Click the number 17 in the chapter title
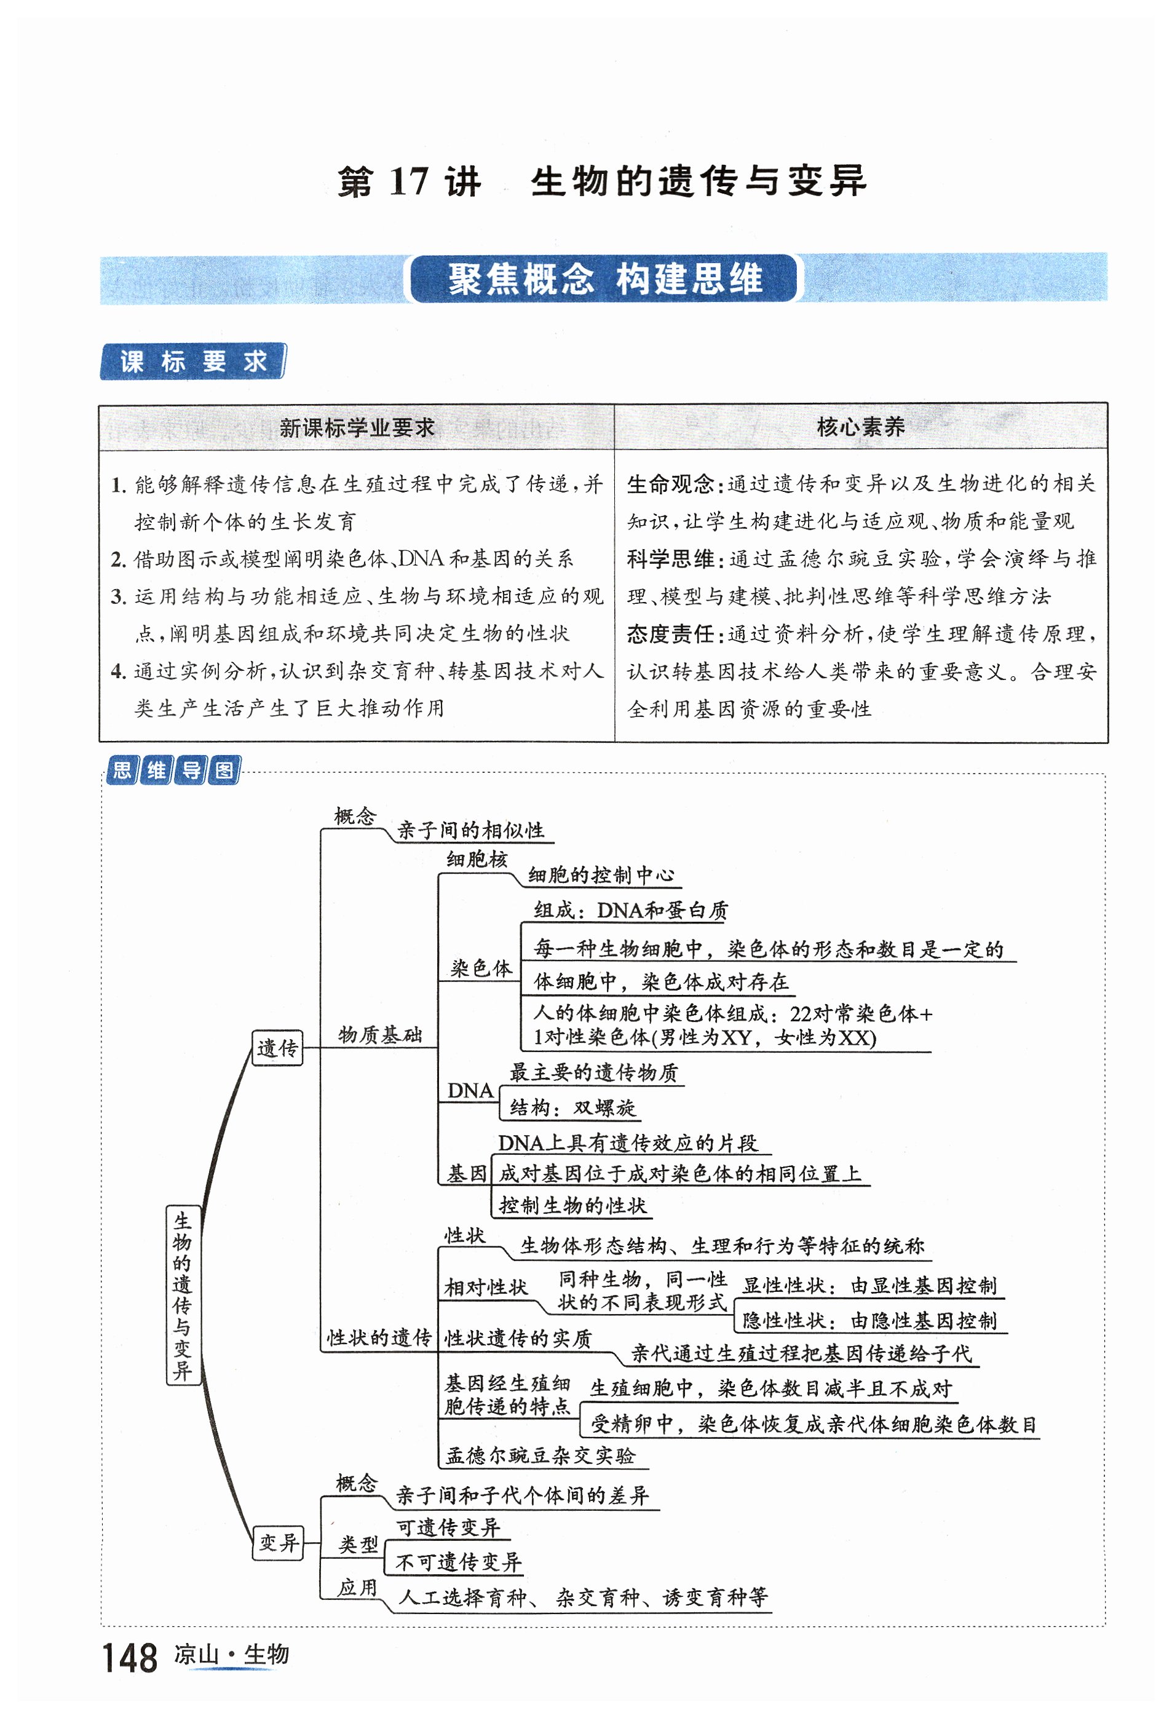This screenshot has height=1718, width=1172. (408, 182)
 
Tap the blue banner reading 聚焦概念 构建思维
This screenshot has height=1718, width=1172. (603, 279)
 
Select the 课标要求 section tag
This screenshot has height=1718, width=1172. (192, 362)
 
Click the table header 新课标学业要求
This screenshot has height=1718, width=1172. (357, 427)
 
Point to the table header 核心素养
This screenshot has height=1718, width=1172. (860, 427)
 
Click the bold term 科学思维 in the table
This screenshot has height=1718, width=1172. (670, 559)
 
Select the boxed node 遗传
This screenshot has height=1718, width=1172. (277, 1048)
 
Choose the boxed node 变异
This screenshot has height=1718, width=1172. (278, 1543)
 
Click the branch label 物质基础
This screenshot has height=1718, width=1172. (380, 1035)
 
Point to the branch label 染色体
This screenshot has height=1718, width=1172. (481, 968)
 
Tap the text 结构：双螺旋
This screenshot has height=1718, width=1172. (572, 1107)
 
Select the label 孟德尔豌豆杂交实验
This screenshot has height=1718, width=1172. (540, 1455)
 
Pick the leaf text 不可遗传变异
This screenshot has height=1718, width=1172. (459, 1562)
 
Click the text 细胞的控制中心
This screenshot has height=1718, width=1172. (600, 875)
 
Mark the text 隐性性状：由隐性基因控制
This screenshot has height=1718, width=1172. (869, 1320)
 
